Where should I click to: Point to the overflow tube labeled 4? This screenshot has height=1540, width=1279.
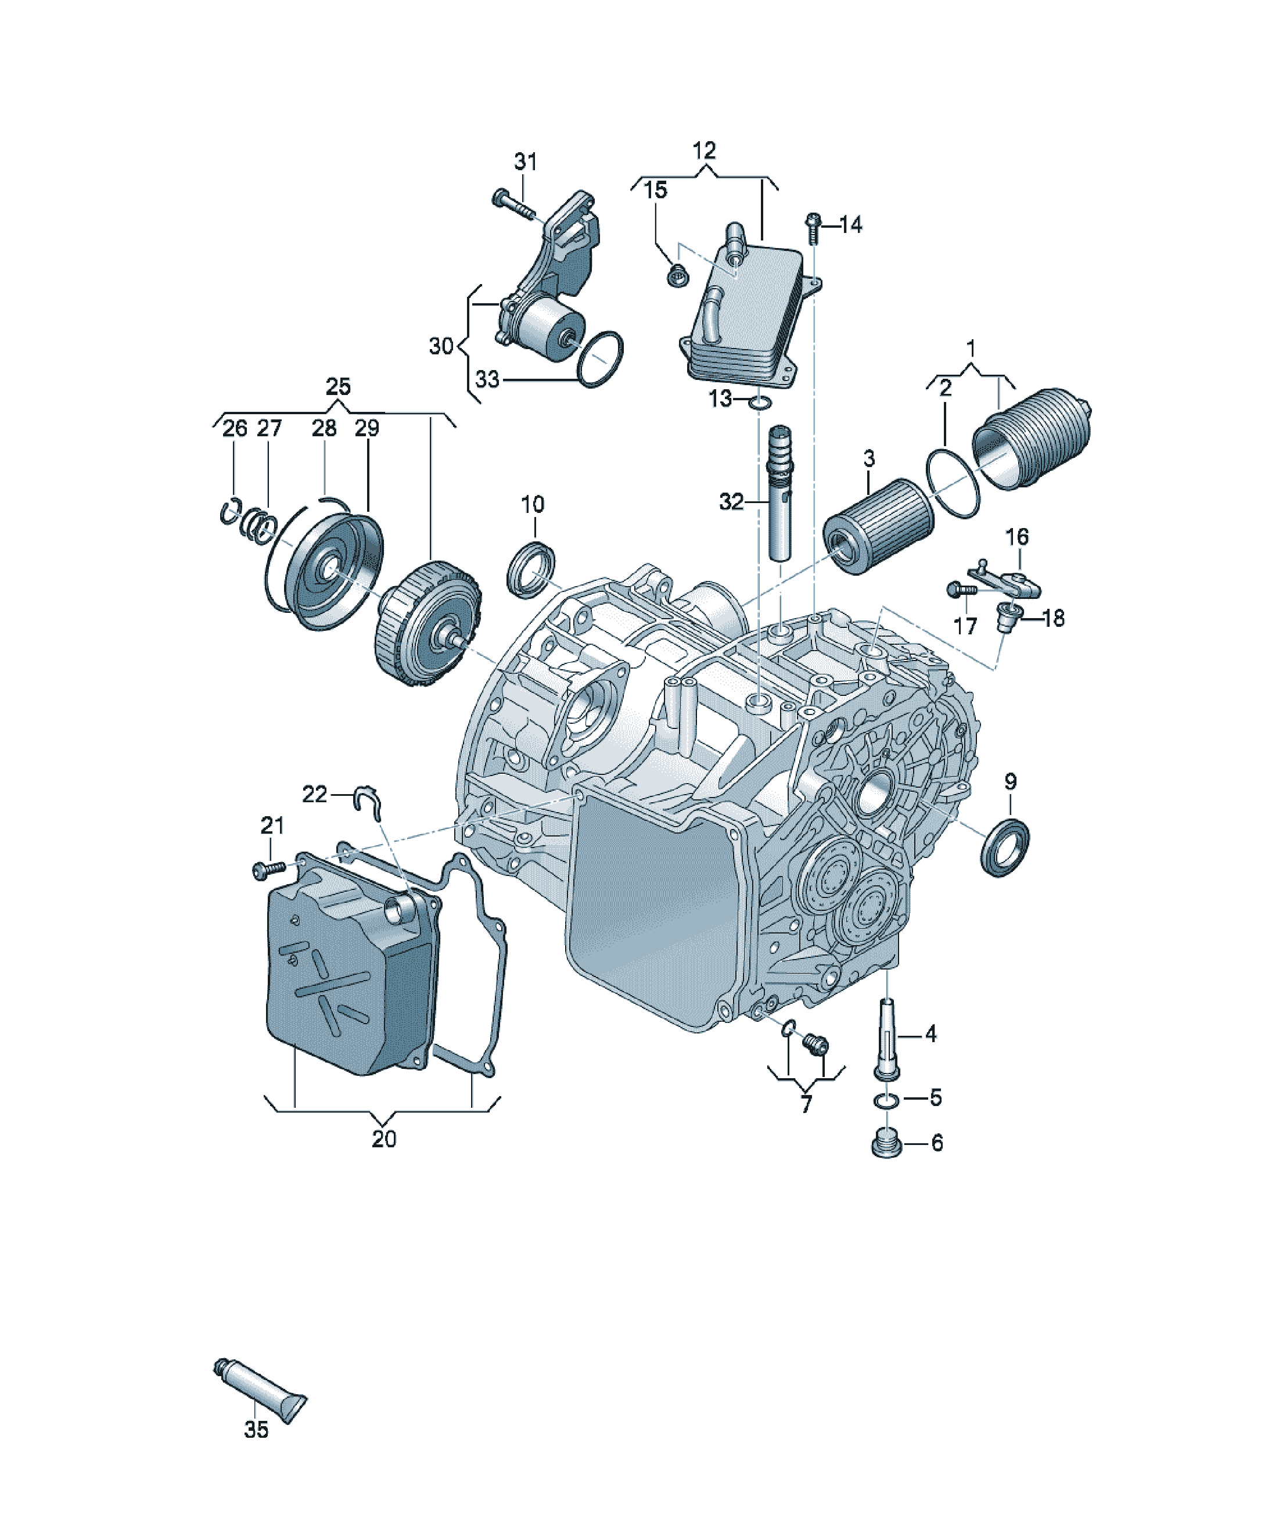pyautogui.click(x=888, y=1040)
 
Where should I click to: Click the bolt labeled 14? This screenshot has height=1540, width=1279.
pyautogui.click(x=812, y=227)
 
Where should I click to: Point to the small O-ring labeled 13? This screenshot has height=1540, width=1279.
pyautogui.click(x=760, y=403)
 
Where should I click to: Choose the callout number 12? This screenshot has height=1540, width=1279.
pyautogui.click(x=703, y=151)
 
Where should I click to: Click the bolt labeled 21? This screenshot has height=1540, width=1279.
pyautogui.click(x=268, y=870)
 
